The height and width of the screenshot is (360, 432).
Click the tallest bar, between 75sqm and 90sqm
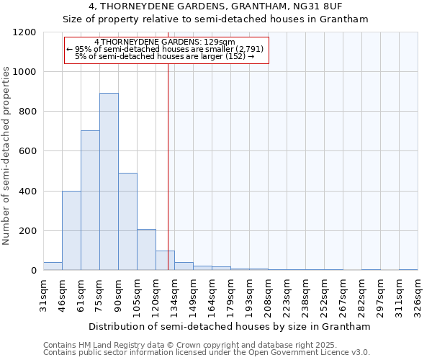click(109, 181)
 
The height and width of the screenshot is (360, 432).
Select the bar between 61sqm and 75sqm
click(90, 200)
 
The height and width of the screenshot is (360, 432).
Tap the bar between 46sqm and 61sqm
click(71, 230)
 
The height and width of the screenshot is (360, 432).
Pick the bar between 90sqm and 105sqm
click(127, 222)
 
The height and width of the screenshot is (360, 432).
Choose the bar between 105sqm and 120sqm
click(146, 250)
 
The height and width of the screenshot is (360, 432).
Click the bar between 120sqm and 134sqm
click(165, 261)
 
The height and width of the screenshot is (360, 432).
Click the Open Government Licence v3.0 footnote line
click(206, 352)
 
